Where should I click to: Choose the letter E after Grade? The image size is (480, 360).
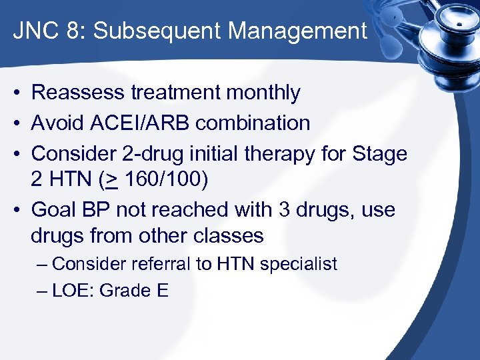[163, 291]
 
